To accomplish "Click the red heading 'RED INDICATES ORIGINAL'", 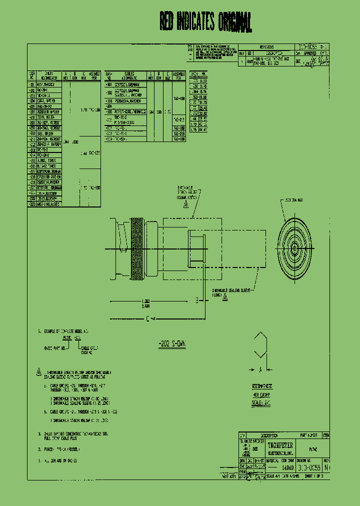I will pos(205,22).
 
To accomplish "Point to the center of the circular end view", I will pos(295,247).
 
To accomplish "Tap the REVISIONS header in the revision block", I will pos(269,46).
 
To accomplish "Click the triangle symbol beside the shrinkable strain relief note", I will pos(39,373).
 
